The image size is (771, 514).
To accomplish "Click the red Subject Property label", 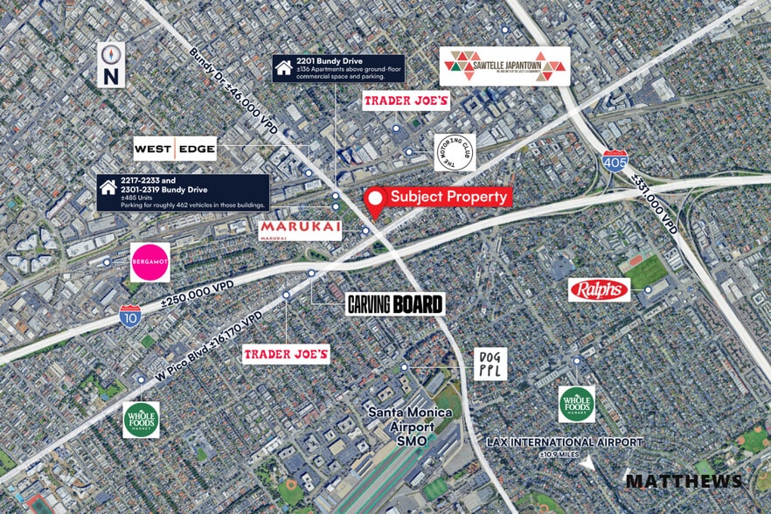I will pyautogui.click(x=448, y=197).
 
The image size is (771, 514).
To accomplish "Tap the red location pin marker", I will pyautogui.click(x=376, y=203).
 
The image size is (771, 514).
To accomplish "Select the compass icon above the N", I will pyautogui.click(x=111, y=54).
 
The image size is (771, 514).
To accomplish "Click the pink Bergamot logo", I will pyautogui.click(x=150, y=262).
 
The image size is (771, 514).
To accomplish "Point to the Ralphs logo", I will pyautogui.click(x=599, y=289).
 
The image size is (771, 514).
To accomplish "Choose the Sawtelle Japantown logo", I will pyautogui.click(x=504, y=66).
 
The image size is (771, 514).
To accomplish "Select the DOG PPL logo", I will pyautogui.click(x=490, y=363).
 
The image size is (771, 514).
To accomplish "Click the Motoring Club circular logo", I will pyautogui.click(x=455, y=153).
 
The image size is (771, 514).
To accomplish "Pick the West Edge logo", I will pyautogui.click(x=175, y=149).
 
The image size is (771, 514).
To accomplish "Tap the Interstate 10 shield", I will pyautogui.click(x=130, y=316).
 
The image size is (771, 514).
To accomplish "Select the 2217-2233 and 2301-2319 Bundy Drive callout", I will pyautogui.click(x=183, y=192).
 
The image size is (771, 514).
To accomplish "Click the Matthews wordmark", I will pyautogui.click(x=684, y=481).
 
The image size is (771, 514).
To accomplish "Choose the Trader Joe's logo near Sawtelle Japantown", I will pyautogui.click(x=406, y=101).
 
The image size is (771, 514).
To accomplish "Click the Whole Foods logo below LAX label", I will pyautogui.click(x=577, y=404).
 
